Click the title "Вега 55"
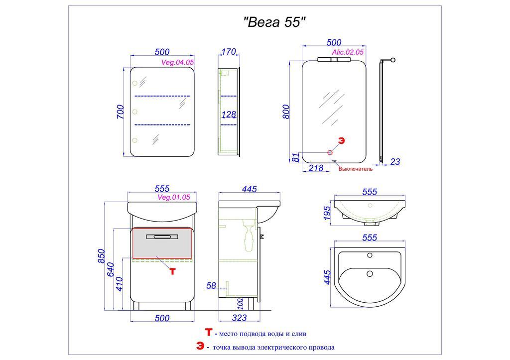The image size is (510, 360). click(x=275, y=22)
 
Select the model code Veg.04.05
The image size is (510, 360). click(x=178, y=62)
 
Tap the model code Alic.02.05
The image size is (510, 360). click(x=347, y=52)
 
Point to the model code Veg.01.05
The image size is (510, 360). click(x=174, y=197)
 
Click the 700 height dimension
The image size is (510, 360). click(x=121, y=112)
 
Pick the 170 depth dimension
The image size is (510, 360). click(x=229, y=52)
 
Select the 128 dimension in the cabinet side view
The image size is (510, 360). click(x=229, y=115)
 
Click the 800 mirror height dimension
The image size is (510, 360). click(x=285, y=112)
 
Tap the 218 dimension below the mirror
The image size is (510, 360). click(x=316, y=168)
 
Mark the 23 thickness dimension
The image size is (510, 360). click(x=395, y=162)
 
